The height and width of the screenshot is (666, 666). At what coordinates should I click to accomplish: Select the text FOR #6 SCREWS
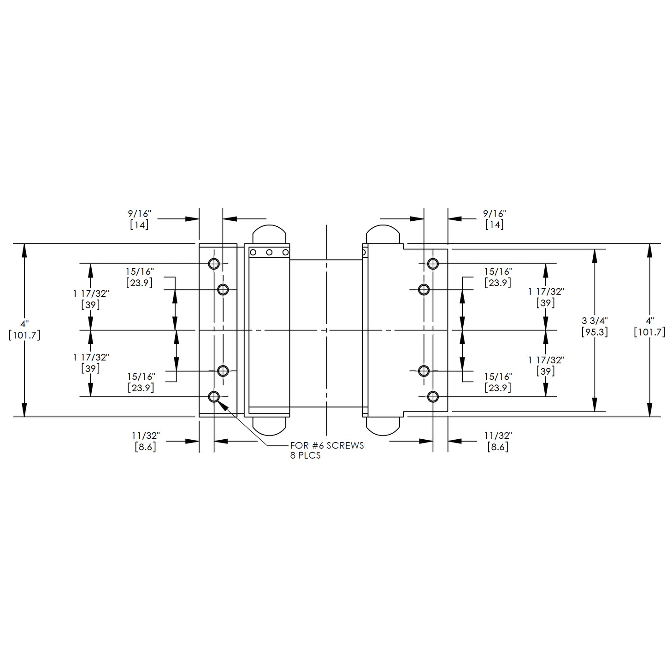point(327,446)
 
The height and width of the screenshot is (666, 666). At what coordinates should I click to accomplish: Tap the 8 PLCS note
point(305,456)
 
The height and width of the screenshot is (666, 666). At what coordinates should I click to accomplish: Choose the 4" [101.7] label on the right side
point(649,326)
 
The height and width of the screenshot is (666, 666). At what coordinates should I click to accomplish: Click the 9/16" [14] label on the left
point(139,219)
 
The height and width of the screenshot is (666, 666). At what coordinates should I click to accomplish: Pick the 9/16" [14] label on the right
point(495,219)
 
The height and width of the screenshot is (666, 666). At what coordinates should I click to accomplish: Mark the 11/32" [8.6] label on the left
point(145,441)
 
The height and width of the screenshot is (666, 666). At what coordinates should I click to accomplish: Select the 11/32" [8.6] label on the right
point(498,441)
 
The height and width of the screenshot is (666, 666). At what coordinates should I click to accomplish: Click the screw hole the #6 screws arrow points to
point(214,396)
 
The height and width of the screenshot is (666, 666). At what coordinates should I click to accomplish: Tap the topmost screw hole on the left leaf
point(214,264)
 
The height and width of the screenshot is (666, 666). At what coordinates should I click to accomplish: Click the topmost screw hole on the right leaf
point(433,264)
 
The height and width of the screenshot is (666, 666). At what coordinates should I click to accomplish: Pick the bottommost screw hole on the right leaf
point(433,396)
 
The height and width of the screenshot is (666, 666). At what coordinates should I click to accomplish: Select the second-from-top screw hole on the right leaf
point(424,289)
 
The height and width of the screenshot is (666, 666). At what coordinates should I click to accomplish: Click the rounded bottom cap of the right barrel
point(382,426)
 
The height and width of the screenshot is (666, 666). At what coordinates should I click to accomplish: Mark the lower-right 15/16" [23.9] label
point(498,383)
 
